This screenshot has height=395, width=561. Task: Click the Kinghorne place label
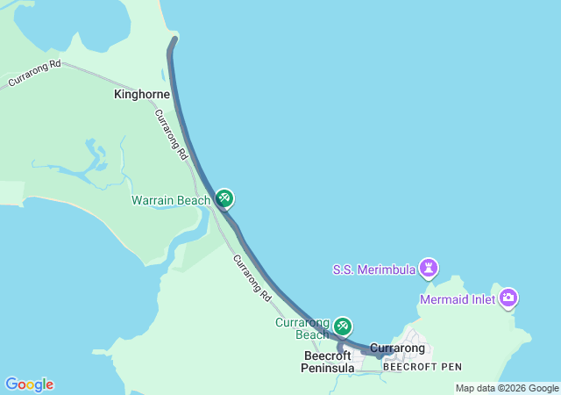click(141, 92)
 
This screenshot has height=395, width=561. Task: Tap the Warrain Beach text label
click(171, 200)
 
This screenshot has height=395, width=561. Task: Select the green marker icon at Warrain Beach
click(224, 199)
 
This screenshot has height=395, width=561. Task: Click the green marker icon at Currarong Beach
click(342, 327)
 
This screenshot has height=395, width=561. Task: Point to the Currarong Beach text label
click(302, 328)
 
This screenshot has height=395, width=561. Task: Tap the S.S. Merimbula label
click(373, 269)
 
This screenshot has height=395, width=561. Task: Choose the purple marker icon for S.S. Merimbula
click(428, 266)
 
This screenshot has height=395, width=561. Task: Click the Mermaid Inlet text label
click(457, 299)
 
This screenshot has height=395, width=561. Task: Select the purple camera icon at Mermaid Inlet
click(509, 298)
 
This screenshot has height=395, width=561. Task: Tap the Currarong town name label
click(397, 348)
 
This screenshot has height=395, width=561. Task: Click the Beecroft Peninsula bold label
click(328, 362)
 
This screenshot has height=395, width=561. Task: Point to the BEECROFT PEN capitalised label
click(422, 366)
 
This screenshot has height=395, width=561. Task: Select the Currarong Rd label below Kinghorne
click(171, 133)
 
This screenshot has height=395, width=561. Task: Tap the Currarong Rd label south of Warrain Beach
click(252, 279)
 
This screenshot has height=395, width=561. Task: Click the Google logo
click(29, 384)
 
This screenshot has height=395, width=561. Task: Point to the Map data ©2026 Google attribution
click(507, 388)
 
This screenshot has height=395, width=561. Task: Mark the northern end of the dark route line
click(174, 39)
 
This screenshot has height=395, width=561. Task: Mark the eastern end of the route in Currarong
click(389, 351)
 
